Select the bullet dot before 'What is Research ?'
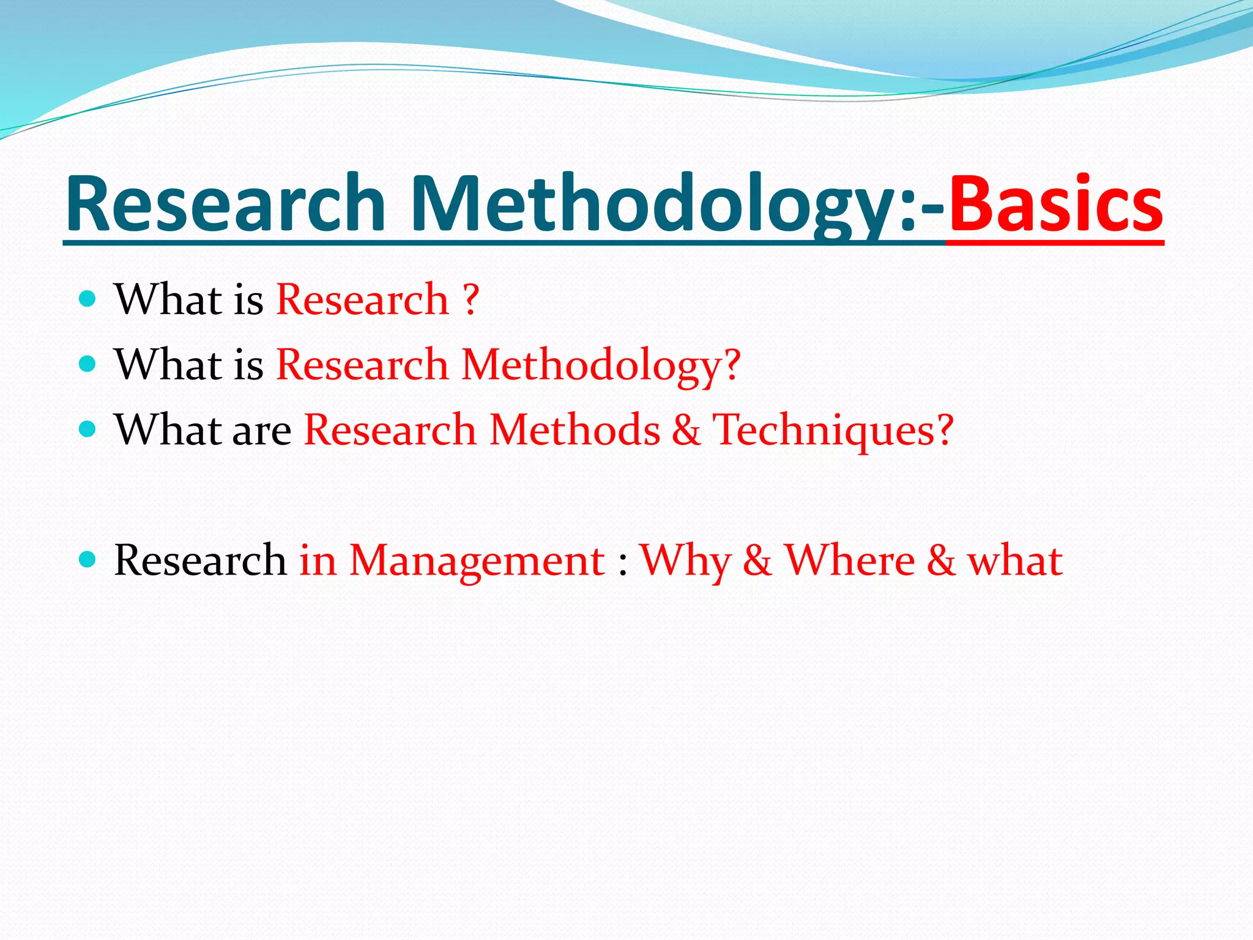(88, 299)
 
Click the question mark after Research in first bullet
(470, 299)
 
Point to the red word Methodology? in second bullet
(601, 365)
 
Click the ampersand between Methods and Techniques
(686, 430)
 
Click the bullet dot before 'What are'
(88, 429)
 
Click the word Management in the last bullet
(477, 561)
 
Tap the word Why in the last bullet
(686, 561)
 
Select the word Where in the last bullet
(850, 560)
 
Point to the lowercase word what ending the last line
(1014, 560)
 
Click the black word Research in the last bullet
(200, 560)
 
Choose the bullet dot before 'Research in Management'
(88, 559)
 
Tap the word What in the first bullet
(168, 299)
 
